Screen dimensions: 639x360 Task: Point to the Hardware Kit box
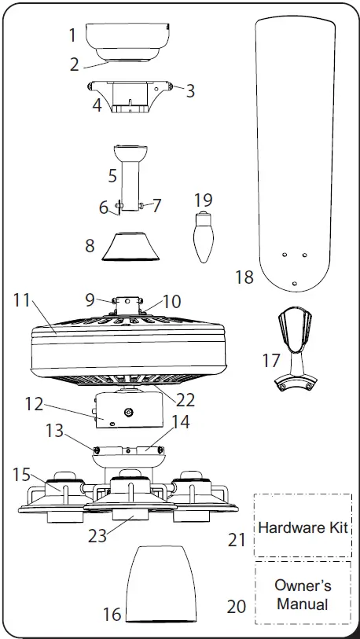303,526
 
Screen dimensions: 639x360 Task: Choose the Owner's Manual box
303,596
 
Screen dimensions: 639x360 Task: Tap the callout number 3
190,90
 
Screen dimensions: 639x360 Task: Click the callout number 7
156,206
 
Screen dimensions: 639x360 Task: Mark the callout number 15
21,476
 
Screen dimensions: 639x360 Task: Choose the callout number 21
237,540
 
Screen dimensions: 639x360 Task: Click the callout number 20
237,606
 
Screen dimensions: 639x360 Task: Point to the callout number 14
180,422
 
